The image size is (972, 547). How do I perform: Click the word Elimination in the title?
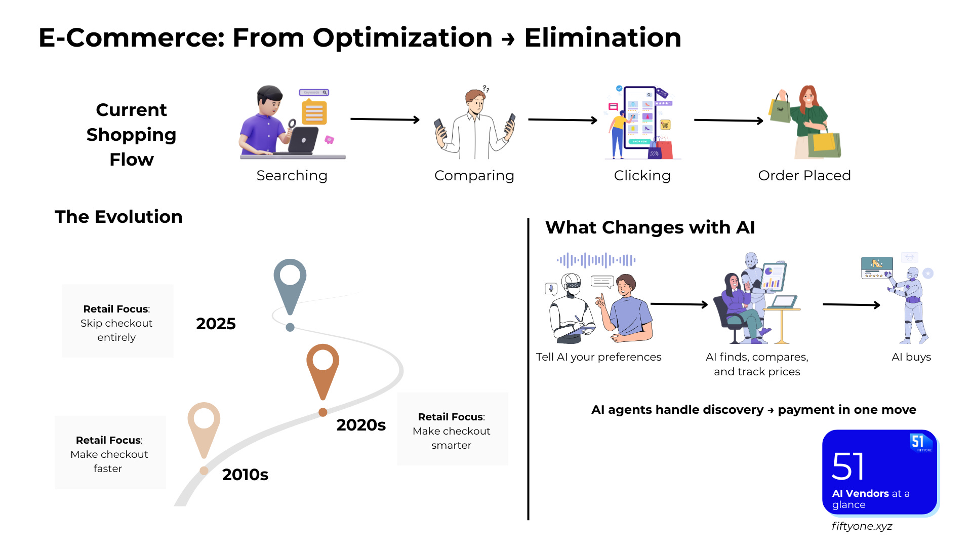tap(602, 38)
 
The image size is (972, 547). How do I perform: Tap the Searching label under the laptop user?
tap(292, 175)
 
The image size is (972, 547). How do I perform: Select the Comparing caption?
tap(474, 175)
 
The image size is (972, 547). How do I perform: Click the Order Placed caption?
tap(804, 175)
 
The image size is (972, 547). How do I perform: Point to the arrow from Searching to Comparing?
tap(385, 120)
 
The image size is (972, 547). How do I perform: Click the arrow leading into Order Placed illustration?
tap(728, 121)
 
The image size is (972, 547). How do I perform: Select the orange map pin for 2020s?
tap(322, 367)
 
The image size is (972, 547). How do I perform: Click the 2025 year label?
tap(216, 324)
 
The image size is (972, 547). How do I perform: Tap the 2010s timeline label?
tap(245, 475)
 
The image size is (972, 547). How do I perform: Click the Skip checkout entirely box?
tap(117, 321)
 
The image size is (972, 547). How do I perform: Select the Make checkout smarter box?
tap(452, 429)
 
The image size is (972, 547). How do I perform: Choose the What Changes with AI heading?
tap(650, 227)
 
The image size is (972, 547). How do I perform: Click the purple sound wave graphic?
tap(596, 260)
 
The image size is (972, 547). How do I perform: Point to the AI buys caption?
tap(911, 357)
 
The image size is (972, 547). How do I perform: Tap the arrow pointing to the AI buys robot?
tap(851, 304)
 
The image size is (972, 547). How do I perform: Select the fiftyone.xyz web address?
tap(862, 526)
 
